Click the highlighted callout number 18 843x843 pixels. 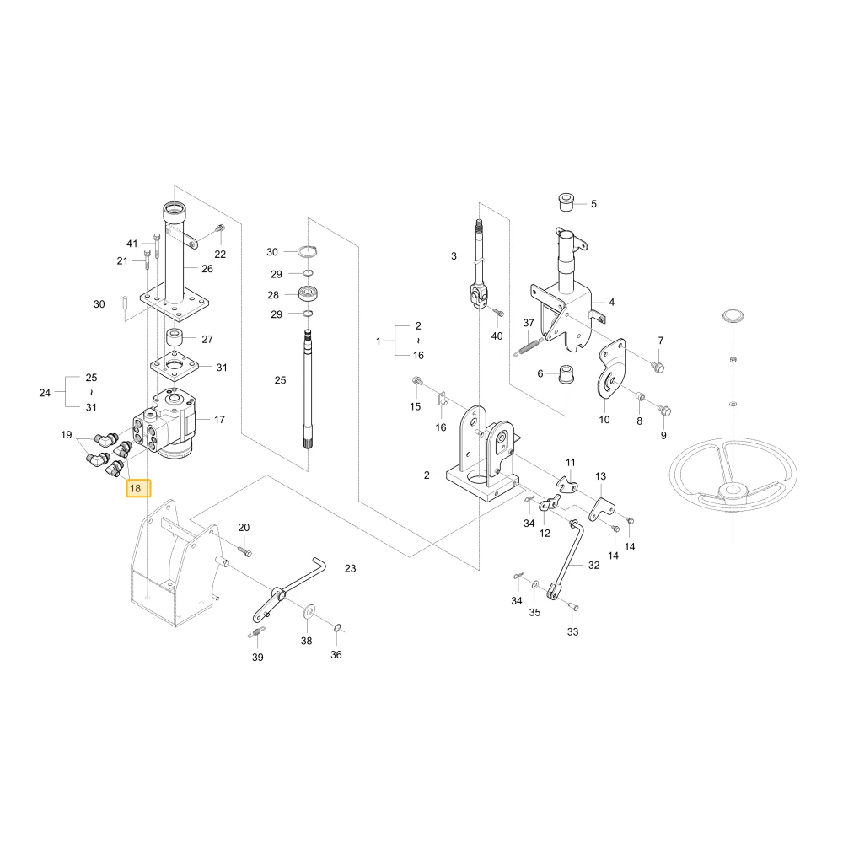(136, 488)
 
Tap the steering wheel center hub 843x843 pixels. (733, 491)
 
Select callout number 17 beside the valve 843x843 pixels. (219, 419)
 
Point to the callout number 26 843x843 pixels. (207, 269)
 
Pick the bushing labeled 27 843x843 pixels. (174, 338)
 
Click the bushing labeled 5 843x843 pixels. (566, 202)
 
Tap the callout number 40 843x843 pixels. (497, 336)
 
